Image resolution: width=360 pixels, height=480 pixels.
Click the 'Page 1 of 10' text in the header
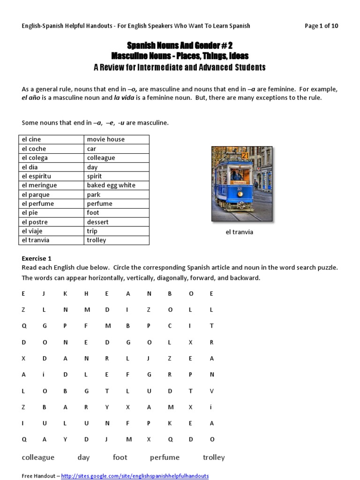tap(321, 26)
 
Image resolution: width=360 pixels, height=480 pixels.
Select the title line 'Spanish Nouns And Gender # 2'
tap(180, 45)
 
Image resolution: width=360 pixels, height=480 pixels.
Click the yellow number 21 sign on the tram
tap(245, 155)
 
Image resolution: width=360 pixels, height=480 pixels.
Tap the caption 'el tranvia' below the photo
tap(239, 232)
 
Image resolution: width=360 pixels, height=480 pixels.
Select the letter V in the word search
tap(211, 390)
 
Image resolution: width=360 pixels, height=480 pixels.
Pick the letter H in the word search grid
tap(86, 293)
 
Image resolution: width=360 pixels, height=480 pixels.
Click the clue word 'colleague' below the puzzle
tap(38, 457)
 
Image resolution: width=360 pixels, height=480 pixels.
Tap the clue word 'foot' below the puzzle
tap(120, 457)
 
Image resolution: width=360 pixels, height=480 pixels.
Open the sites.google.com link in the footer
tap(135, 476)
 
